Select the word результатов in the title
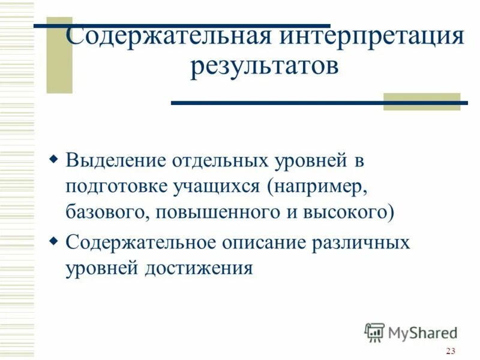point(264,65)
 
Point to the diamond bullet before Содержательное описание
point(53,242)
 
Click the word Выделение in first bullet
point(109,161)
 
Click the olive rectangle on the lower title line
point(421,101)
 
